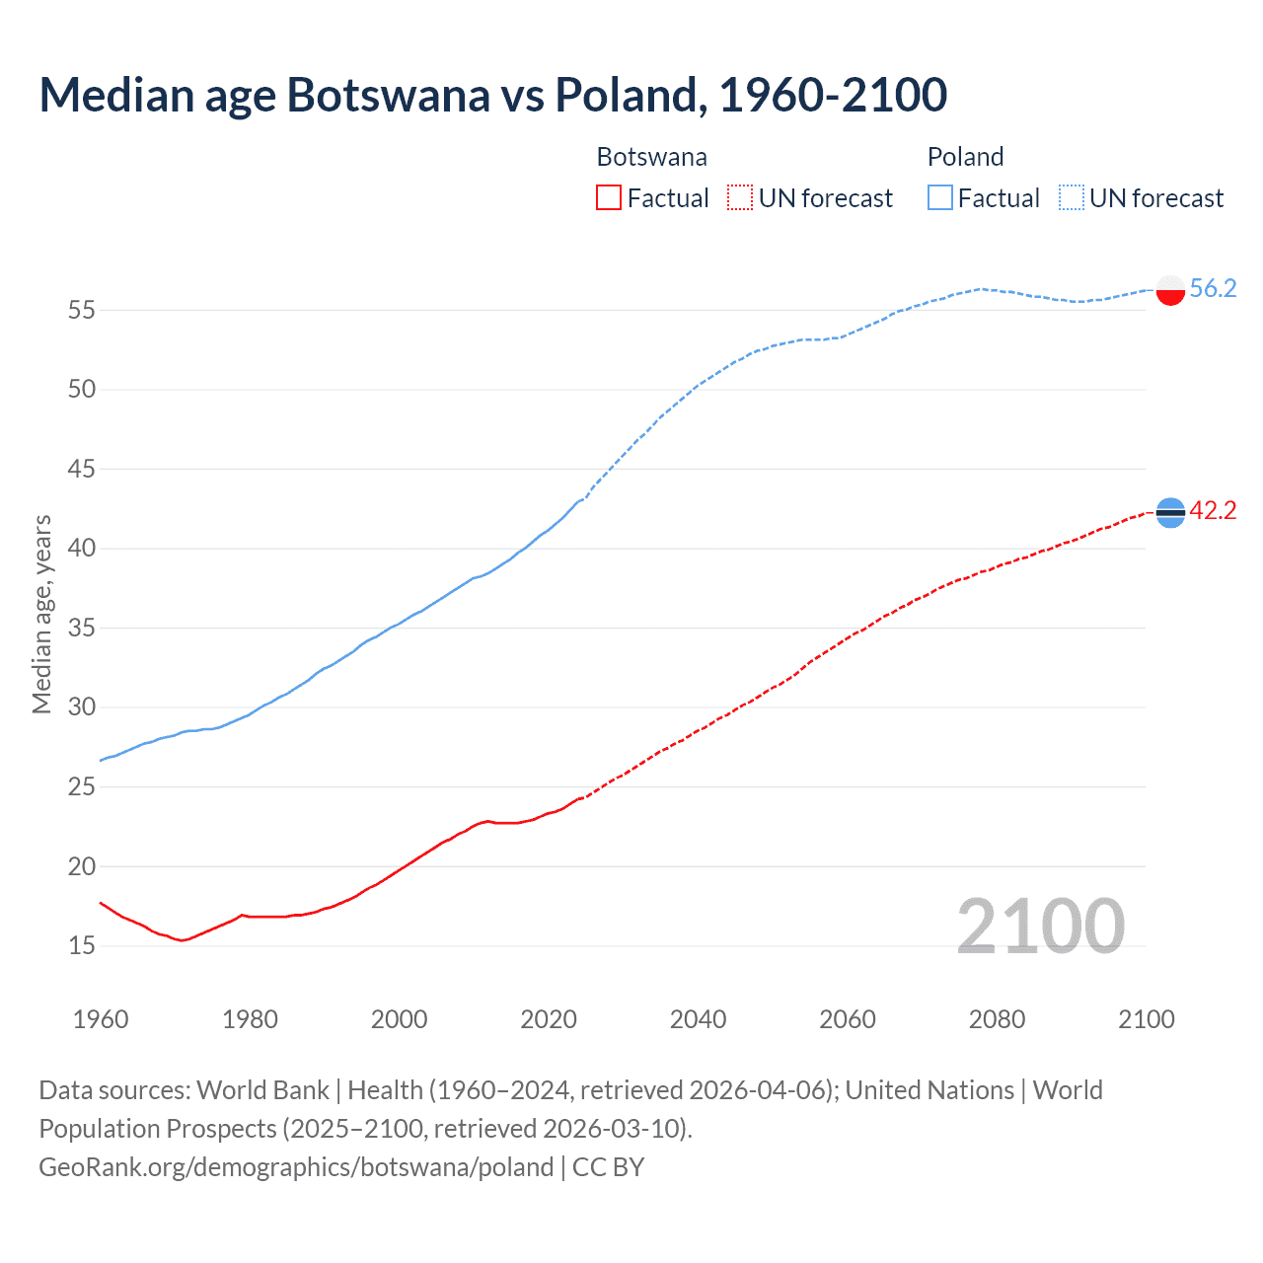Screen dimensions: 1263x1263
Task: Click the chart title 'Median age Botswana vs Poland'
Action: point(492,95)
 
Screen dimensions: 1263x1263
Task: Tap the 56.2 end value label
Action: point(1213,288)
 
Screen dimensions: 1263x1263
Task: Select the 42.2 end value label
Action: point(1213,510)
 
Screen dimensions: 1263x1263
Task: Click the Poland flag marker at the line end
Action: point(1170,290)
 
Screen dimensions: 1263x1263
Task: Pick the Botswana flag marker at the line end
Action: point(1170,512)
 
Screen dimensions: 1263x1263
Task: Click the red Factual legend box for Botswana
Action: point(609,198)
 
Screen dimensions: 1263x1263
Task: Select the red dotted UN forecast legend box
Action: point(740,198)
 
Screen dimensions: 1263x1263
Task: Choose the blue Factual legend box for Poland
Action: point(940,198)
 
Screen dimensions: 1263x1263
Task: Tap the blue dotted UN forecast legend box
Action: point(1072,198)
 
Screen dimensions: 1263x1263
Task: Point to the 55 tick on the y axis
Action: point(82,310)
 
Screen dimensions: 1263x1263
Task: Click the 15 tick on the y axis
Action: point(82,945)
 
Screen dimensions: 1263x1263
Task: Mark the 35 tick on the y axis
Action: point(82,628)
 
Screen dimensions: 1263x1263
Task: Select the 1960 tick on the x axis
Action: point(101,1019)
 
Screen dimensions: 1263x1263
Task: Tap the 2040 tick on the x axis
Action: point(698,1019)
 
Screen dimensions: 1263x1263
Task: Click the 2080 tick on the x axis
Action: point(997,1019)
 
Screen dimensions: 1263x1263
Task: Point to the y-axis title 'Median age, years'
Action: point(41,614)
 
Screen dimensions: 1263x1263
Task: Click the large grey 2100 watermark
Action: point(1040,926)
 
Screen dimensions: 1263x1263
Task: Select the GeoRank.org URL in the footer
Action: point(296,1167)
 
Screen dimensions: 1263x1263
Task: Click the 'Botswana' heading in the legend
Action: point(651,157)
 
